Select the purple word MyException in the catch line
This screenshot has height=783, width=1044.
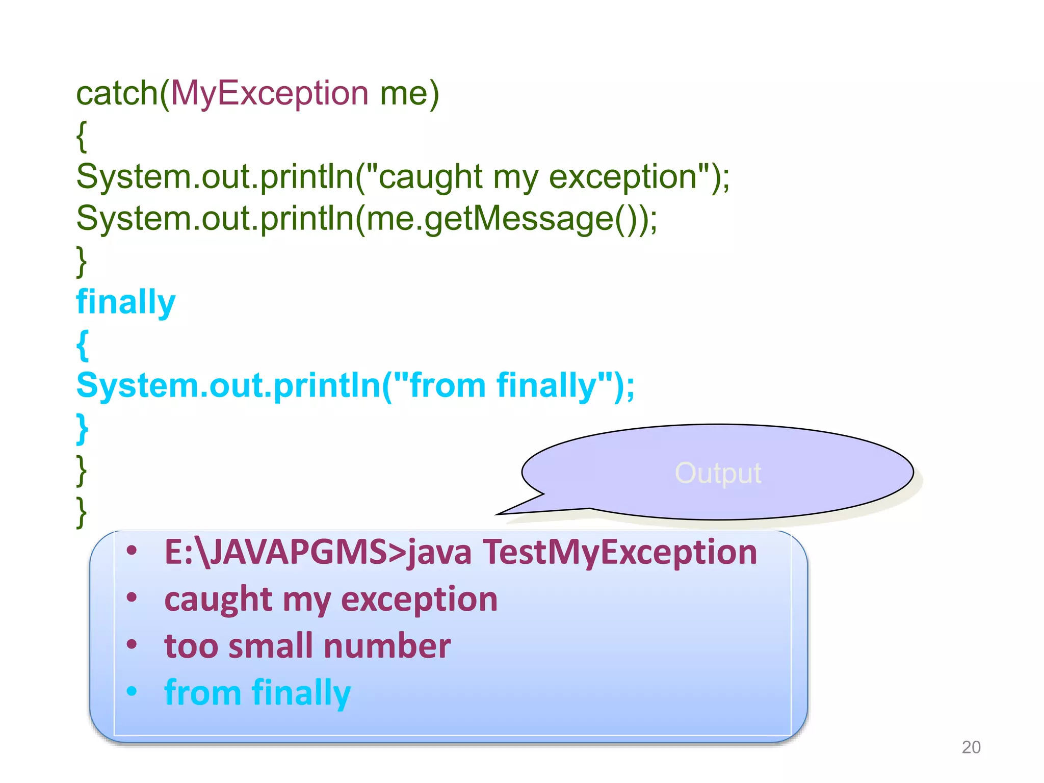pos(270,94)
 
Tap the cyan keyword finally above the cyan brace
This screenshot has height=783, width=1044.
pos(126,302)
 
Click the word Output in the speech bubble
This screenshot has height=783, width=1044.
pos(718,473)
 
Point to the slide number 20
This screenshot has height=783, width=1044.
pos(971,747)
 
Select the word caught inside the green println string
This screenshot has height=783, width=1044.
pos(430,177)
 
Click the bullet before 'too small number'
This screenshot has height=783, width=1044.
pos(132,644)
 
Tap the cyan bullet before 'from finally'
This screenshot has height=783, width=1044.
pos(132,692)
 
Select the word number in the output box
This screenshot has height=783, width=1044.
pos(387,646)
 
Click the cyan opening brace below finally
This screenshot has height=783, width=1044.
pos(82,345)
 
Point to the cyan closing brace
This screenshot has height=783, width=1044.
pos(82,429)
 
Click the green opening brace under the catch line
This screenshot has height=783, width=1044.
pos(82,136)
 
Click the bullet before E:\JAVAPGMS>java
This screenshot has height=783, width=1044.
pos(132,551)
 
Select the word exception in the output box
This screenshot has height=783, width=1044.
pos(419,599)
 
